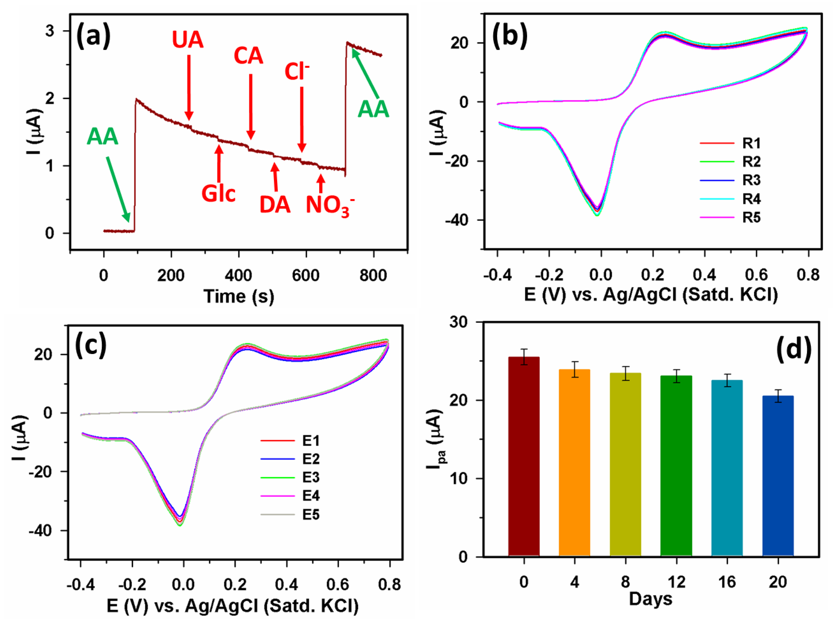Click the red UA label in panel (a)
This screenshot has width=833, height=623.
[188, 40]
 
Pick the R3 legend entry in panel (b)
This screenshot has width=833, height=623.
[751, 180]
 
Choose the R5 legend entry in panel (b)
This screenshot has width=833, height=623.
[751, 218]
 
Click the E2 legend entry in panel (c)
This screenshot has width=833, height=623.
[311, 459]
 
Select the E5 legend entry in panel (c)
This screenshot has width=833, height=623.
[311, 515]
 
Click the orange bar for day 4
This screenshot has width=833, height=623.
[574, 463]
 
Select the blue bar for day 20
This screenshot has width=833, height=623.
[778, 476]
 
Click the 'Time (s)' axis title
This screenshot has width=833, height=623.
[239, 296]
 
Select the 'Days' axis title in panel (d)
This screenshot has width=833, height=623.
[650, 599]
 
